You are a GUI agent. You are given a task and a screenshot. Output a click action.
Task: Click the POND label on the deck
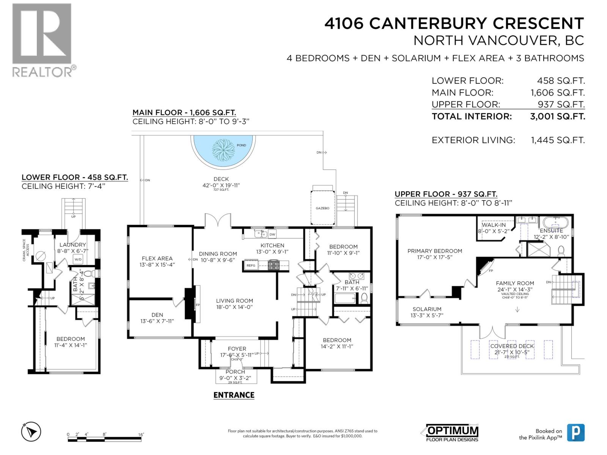(x=241, y=145)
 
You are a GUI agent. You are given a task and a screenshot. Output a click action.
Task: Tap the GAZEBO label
(x=322, y=208)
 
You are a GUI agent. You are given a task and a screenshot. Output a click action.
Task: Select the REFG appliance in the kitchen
(x=251, y=265)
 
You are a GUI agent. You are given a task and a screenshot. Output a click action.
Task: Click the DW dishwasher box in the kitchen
(x=272, y=234)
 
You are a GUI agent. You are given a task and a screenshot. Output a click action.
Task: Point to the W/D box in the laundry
(x=78, y=260)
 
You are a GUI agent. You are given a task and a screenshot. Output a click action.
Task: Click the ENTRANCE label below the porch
(x=234, y=395)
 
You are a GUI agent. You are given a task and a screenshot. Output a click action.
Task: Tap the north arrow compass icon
(x=31, y=431)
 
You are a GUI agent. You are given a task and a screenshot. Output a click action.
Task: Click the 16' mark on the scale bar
(x=141, y=435)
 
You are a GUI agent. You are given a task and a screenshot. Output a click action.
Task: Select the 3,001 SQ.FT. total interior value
(x=557, y=116)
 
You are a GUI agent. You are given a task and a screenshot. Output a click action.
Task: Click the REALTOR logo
(x=42, y=39)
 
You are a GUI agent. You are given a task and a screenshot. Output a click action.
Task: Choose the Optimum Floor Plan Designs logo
(x=451, y=433)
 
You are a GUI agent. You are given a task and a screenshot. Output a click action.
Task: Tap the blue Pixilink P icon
(x=576, y=433)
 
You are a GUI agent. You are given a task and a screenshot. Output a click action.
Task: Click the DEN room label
(x=157, y=315)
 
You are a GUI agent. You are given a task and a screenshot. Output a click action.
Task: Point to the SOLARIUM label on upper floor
(x=427, y=309)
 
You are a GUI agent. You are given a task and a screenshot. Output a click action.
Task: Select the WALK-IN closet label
(x=494, y=225)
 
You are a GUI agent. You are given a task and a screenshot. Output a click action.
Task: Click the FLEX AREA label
(x=157, y=259)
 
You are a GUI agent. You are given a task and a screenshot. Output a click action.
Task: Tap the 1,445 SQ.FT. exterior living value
(x=557, y=140)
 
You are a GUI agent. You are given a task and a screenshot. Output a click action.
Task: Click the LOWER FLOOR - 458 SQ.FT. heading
(x=75, y=177)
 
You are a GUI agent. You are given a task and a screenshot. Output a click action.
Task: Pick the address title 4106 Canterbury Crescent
(x=454, y=24)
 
